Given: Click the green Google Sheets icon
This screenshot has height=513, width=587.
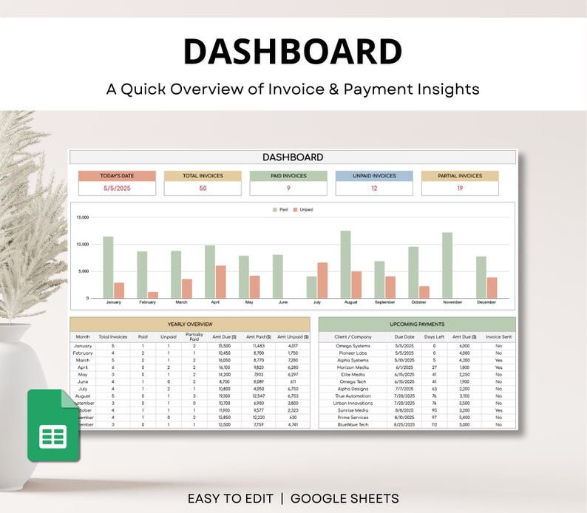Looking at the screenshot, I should pyautogui.click(x=52, y=425).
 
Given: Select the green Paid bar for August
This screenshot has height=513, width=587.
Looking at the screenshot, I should pyautogui.click(x=345, y=264).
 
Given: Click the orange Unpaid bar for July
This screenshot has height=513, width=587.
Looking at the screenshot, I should pyautogui.click(x=322, y=280).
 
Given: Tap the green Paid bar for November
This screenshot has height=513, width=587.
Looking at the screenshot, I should pyautogui.click(x=447, y=265).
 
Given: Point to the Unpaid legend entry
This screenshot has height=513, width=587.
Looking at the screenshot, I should pyautogui.click(x=303, y=210).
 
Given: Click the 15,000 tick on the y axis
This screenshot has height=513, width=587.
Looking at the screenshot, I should pyautogui.click(x=82, y=218).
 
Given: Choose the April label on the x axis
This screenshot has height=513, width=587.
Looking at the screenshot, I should pyautogui.click(x=215, y=302).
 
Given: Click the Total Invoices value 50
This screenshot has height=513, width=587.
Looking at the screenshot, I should pyautogui.click(x=203, y=188).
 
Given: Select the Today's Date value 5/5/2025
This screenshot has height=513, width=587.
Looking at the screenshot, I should pyautogui.click(x=118, y=188).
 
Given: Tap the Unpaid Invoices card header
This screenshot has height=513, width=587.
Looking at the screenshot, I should pyautogui.click(x=374, y=176).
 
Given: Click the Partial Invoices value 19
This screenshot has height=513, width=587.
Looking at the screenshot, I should pyautogui.click(x=460, y=188).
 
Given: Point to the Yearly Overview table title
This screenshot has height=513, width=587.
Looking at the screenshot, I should pyautogui.click(x=190, y=324).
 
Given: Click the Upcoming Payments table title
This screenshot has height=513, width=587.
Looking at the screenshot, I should pyautogui.click(x=417, y=324).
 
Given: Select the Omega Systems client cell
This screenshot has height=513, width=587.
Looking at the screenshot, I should pyautogui.click(x=353, y=346).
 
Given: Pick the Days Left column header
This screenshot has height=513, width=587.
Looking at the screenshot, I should pyautogui.click(x=434, y=336).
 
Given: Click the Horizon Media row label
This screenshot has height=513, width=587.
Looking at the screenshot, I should pyautogui.click(x=353, y=367).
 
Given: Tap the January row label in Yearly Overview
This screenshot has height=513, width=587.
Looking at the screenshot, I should pyautogui.click(x=83, y=346).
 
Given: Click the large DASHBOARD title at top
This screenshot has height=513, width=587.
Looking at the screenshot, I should pyautogui.click(x=293, y=52).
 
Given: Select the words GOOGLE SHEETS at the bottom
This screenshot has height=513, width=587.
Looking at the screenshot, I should pyautogui.click(x=345, y=498).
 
